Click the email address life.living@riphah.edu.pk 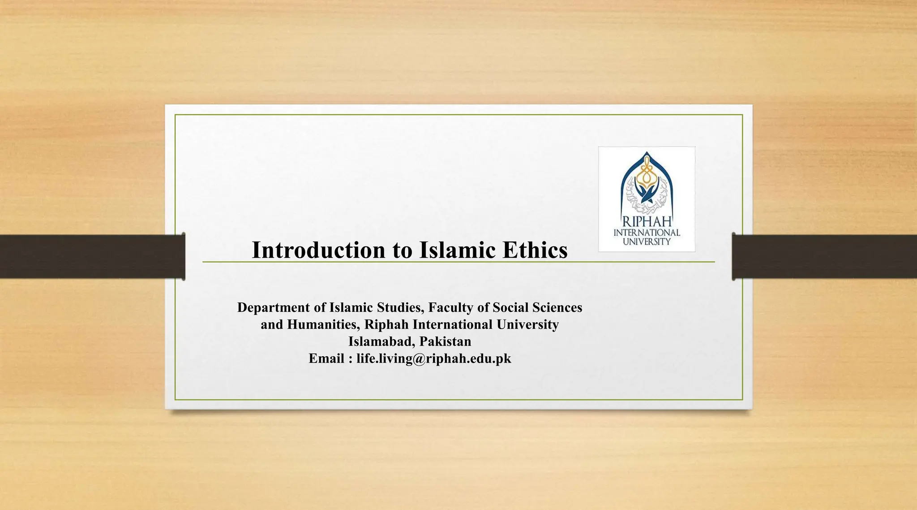433,359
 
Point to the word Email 326,359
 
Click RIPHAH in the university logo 647,222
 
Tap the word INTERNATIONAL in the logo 647,233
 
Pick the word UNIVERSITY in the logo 647,242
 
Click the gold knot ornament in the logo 646,171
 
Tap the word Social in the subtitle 510,307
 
